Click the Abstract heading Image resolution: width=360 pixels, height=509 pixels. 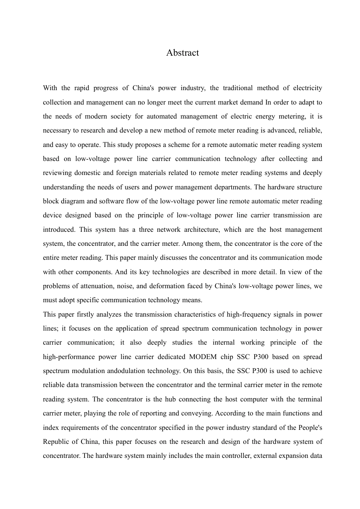182,53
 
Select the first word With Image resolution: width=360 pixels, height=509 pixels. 50,88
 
